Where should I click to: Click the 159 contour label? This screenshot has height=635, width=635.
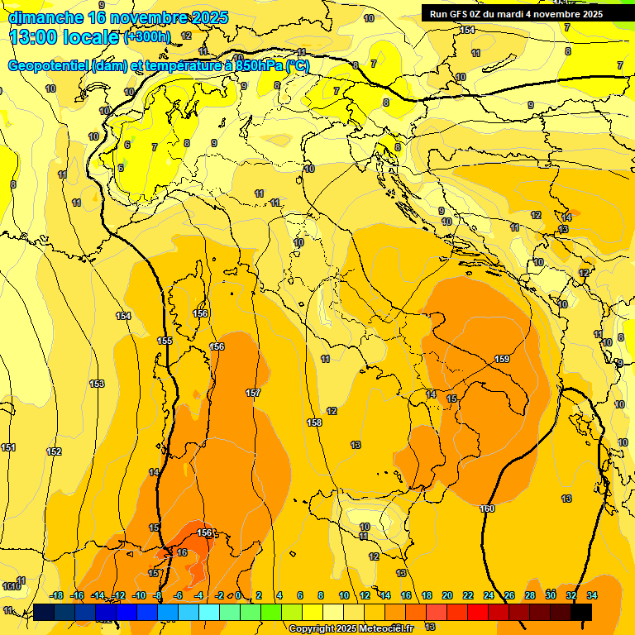[502, 359]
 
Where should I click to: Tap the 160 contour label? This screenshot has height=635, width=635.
[487, 508]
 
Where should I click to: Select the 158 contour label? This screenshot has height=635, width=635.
[314, 423]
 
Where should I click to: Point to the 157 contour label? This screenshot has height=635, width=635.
[253, 392]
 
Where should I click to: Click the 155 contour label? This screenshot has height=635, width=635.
[165, 341]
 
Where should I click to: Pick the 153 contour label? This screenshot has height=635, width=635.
[97, 384]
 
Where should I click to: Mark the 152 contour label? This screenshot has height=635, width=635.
[54, 451]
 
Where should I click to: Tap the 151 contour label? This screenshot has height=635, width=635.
[8, 447]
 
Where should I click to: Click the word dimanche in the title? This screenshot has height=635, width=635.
[45, 17]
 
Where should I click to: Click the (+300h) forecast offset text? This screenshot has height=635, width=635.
[147, 37]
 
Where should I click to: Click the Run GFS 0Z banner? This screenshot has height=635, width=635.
[516, 13]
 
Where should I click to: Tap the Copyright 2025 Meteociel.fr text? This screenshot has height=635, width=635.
[351, 628]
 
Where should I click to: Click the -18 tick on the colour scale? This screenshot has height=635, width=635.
[56, 595]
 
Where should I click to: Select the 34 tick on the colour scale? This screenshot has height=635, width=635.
[592, 595]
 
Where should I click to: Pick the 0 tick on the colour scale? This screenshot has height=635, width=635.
[238, 595]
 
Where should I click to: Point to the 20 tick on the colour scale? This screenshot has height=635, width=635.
[447, 595]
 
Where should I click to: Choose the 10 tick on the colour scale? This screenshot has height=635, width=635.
[344, 595]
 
